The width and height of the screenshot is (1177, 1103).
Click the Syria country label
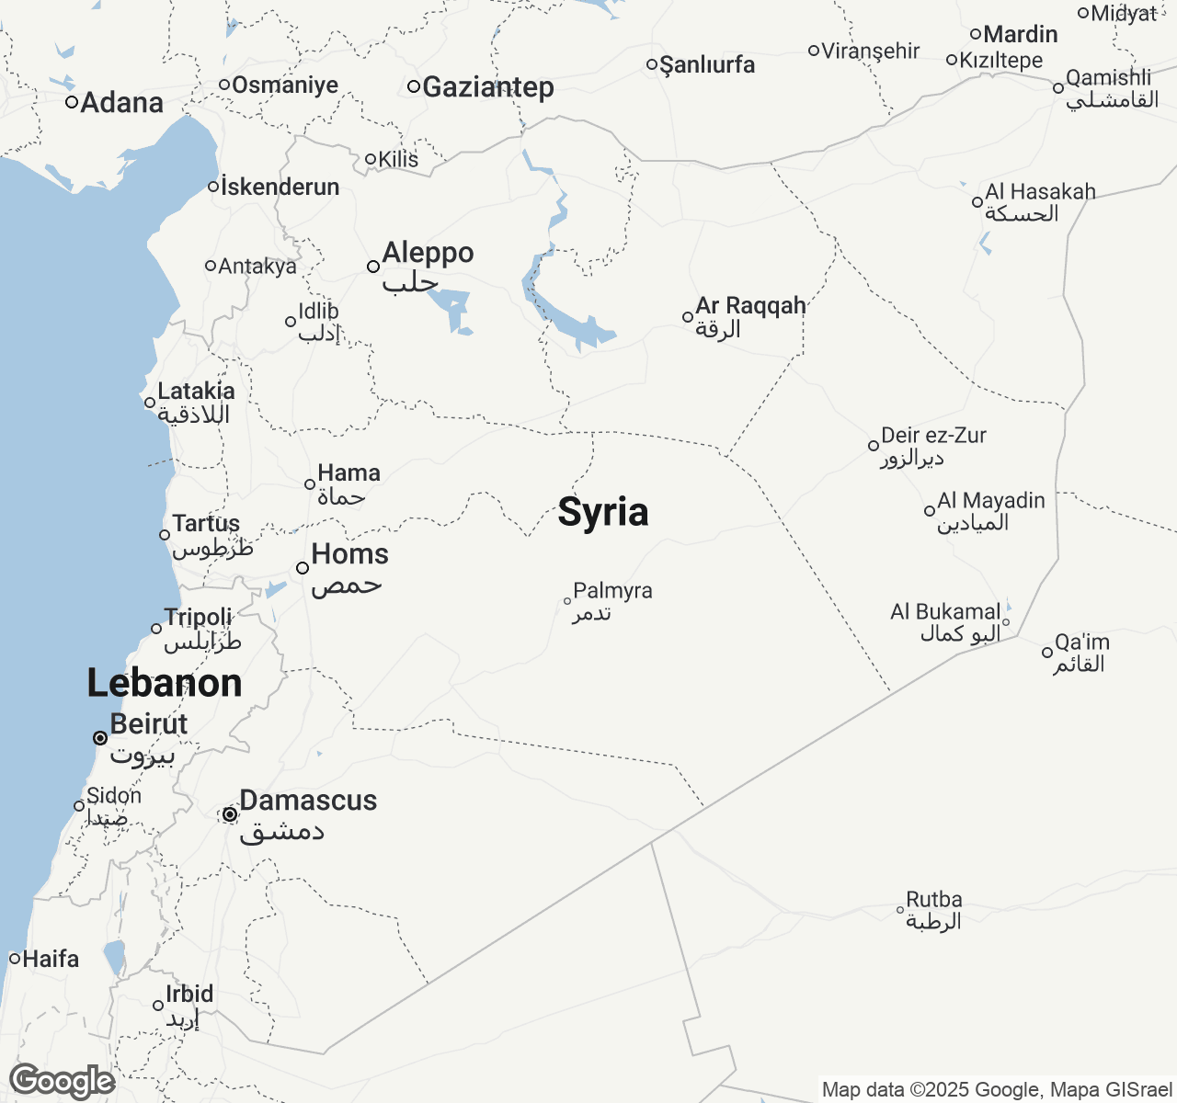(603, 512)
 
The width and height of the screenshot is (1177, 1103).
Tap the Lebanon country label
(165, 683)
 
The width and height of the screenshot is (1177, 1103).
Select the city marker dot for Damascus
(230, 814)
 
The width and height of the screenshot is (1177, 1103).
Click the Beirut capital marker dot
(100, 738)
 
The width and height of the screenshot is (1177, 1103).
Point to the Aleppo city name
(428, 253)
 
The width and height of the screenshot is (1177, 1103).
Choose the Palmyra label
(612, 591)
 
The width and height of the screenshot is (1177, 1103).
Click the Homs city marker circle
(303, 568)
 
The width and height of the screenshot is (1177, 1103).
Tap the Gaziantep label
(487, 87)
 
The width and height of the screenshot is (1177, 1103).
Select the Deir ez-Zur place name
(933, 436)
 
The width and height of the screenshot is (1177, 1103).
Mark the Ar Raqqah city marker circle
(688, 317)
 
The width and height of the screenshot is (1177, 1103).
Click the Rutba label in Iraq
(934, 900)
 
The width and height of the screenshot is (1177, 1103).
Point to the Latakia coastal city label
(196, 392)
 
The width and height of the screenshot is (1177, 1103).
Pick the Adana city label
(121, 102)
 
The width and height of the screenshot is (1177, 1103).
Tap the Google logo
(63, 1081)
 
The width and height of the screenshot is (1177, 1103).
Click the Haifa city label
(51, 959)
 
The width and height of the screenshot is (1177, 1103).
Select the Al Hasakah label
(1040, 192)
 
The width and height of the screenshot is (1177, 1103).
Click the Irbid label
(189, 995)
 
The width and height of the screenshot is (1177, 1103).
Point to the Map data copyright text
(997, 1090)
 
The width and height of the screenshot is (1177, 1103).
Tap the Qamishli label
(1108, 78)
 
